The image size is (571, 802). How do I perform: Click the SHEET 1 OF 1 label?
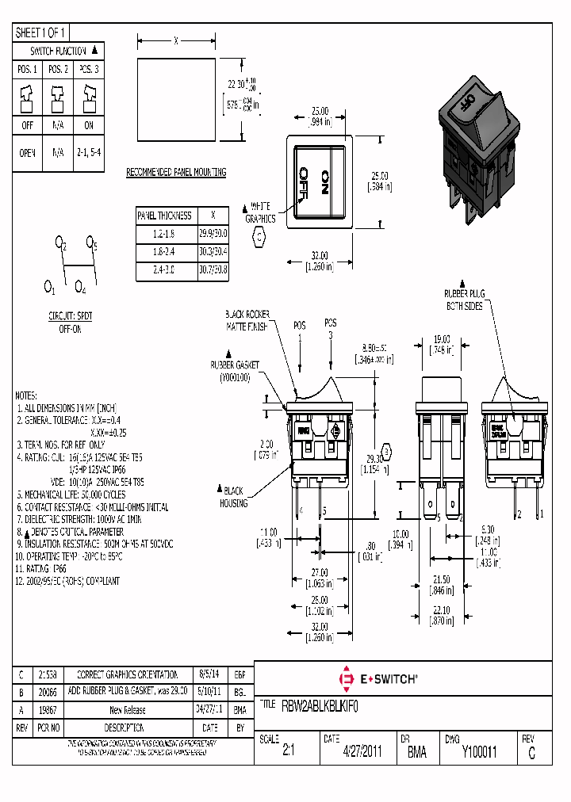(x=41, y=32)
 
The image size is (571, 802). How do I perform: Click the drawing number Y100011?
(x=479, y=752)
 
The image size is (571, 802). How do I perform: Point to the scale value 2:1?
(x=288, y=752)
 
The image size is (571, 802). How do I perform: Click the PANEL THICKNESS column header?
(x=165, y=215)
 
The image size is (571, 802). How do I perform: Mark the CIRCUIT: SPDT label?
(x=70, y=315)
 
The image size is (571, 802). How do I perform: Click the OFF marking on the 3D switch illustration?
(x=468, y=102)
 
